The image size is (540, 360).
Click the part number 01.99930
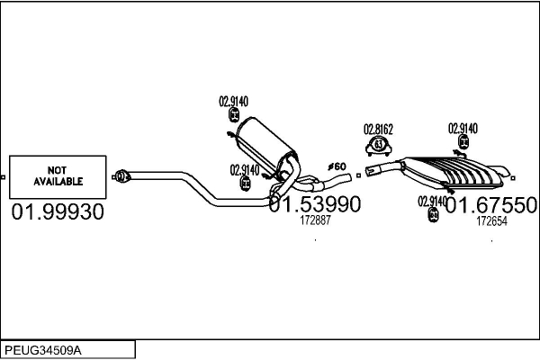click(x=58, y=213)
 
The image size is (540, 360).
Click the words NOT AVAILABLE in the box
click(x=58, y=175)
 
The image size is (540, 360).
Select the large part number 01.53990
click(x=314, y=205)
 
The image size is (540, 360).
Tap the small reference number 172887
click(x=315, y=220)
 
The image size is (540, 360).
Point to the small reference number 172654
click(x=491, y=220)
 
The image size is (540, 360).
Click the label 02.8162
click(x=378, y=129)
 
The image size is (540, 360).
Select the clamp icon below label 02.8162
click(x=379, y=145)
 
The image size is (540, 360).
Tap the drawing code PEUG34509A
click(x=43, y=348)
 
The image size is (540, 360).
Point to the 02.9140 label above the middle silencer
click(x=233, y=101)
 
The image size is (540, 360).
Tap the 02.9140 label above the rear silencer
click(x=463, y=128)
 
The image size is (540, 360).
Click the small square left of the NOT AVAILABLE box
click(x=4, y=175)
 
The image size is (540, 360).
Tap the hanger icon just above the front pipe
click(x=246, y=184)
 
